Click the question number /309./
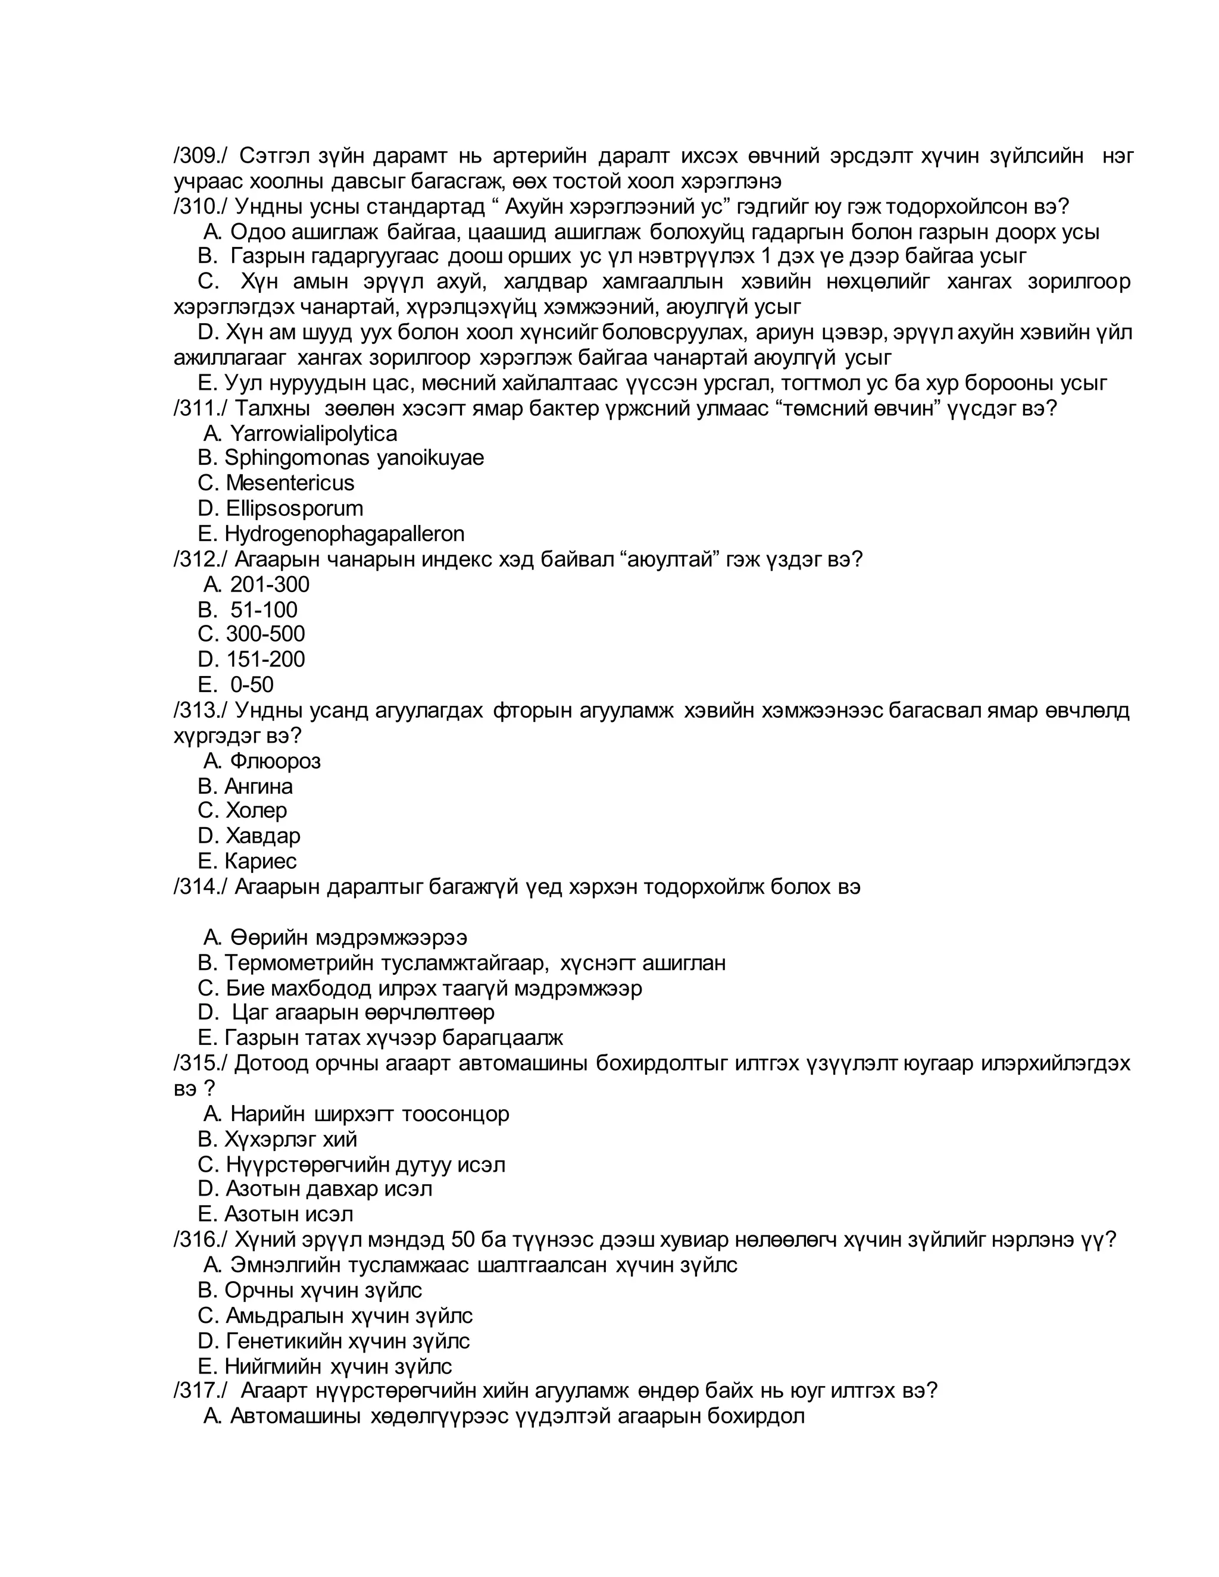pos(200,155)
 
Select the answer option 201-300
pos(270,584)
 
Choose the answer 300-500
pos(265,634)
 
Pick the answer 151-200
pos(265,659)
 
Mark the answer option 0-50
pos(252,684)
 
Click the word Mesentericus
pos(290,483)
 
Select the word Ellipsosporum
pos(294,508)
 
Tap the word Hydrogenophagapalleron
pos(345,534)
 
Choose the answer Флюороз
pos(275,761)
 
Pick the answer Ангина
pos(258,786)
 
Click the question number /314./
pos(200,886)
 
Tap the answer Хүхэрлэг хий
pos(291,1140)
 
